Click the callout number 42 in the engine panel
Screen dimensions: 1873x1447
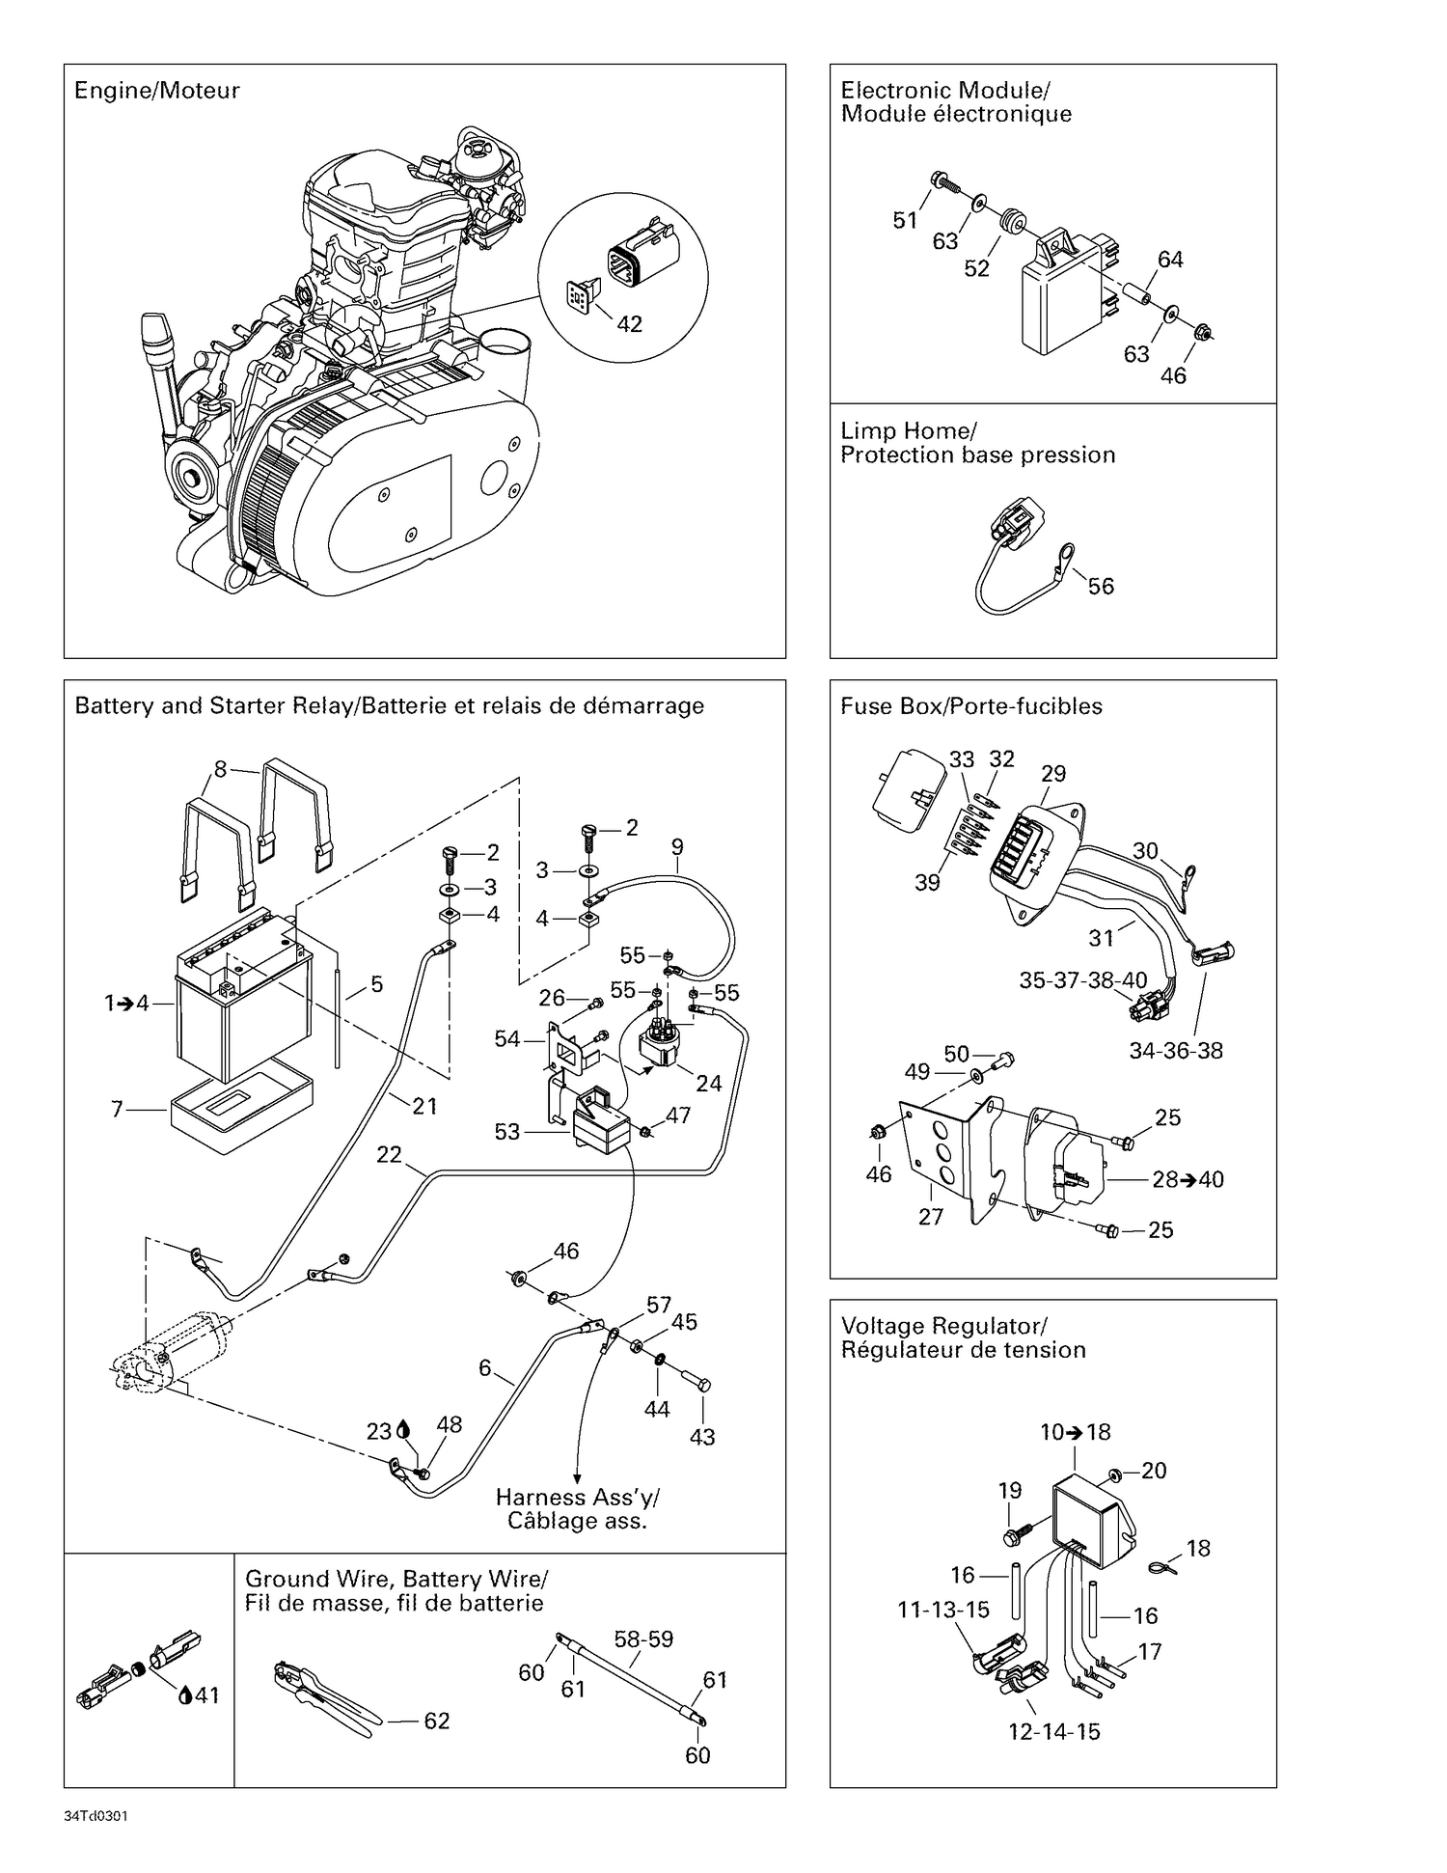(x=629, y=324)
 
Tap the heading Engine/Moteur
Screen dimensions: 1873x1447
(x=156, y=91)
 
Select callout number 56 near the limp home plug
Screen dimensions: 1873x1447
(x=1101, y=587)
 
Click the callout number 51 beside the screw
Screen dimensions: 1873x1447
(x=905, y=221)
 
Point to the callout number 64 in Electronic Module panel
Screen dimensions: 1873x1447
(x=1170, y=260)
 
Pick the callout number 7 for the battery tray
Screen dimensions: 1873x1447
(x=118, y=1110)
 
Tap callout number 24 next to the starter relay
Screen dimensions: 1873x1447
(x=709, y=1084)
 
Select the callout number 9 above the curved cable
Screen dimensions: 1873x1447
(x=677, y=847)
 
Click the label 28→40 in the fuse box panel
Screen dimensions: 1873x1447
(x=1188, y=1179)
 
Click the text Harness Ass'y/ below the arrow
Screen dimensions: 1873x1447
(x=577, y=1498)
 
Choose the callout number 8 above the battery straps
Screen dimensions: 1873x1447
(x=220, y=769)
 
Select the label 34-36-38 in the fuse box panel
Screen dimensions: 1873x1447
(x=1176, y=1051)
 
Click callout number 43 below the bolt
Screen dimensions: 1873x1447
(x=702, y=1437)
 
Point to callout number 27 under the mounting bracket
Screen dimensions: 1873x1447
(x=931, y=1217)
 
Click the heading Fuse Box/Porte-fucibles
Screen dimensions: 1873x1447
(x=970, y=706)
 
